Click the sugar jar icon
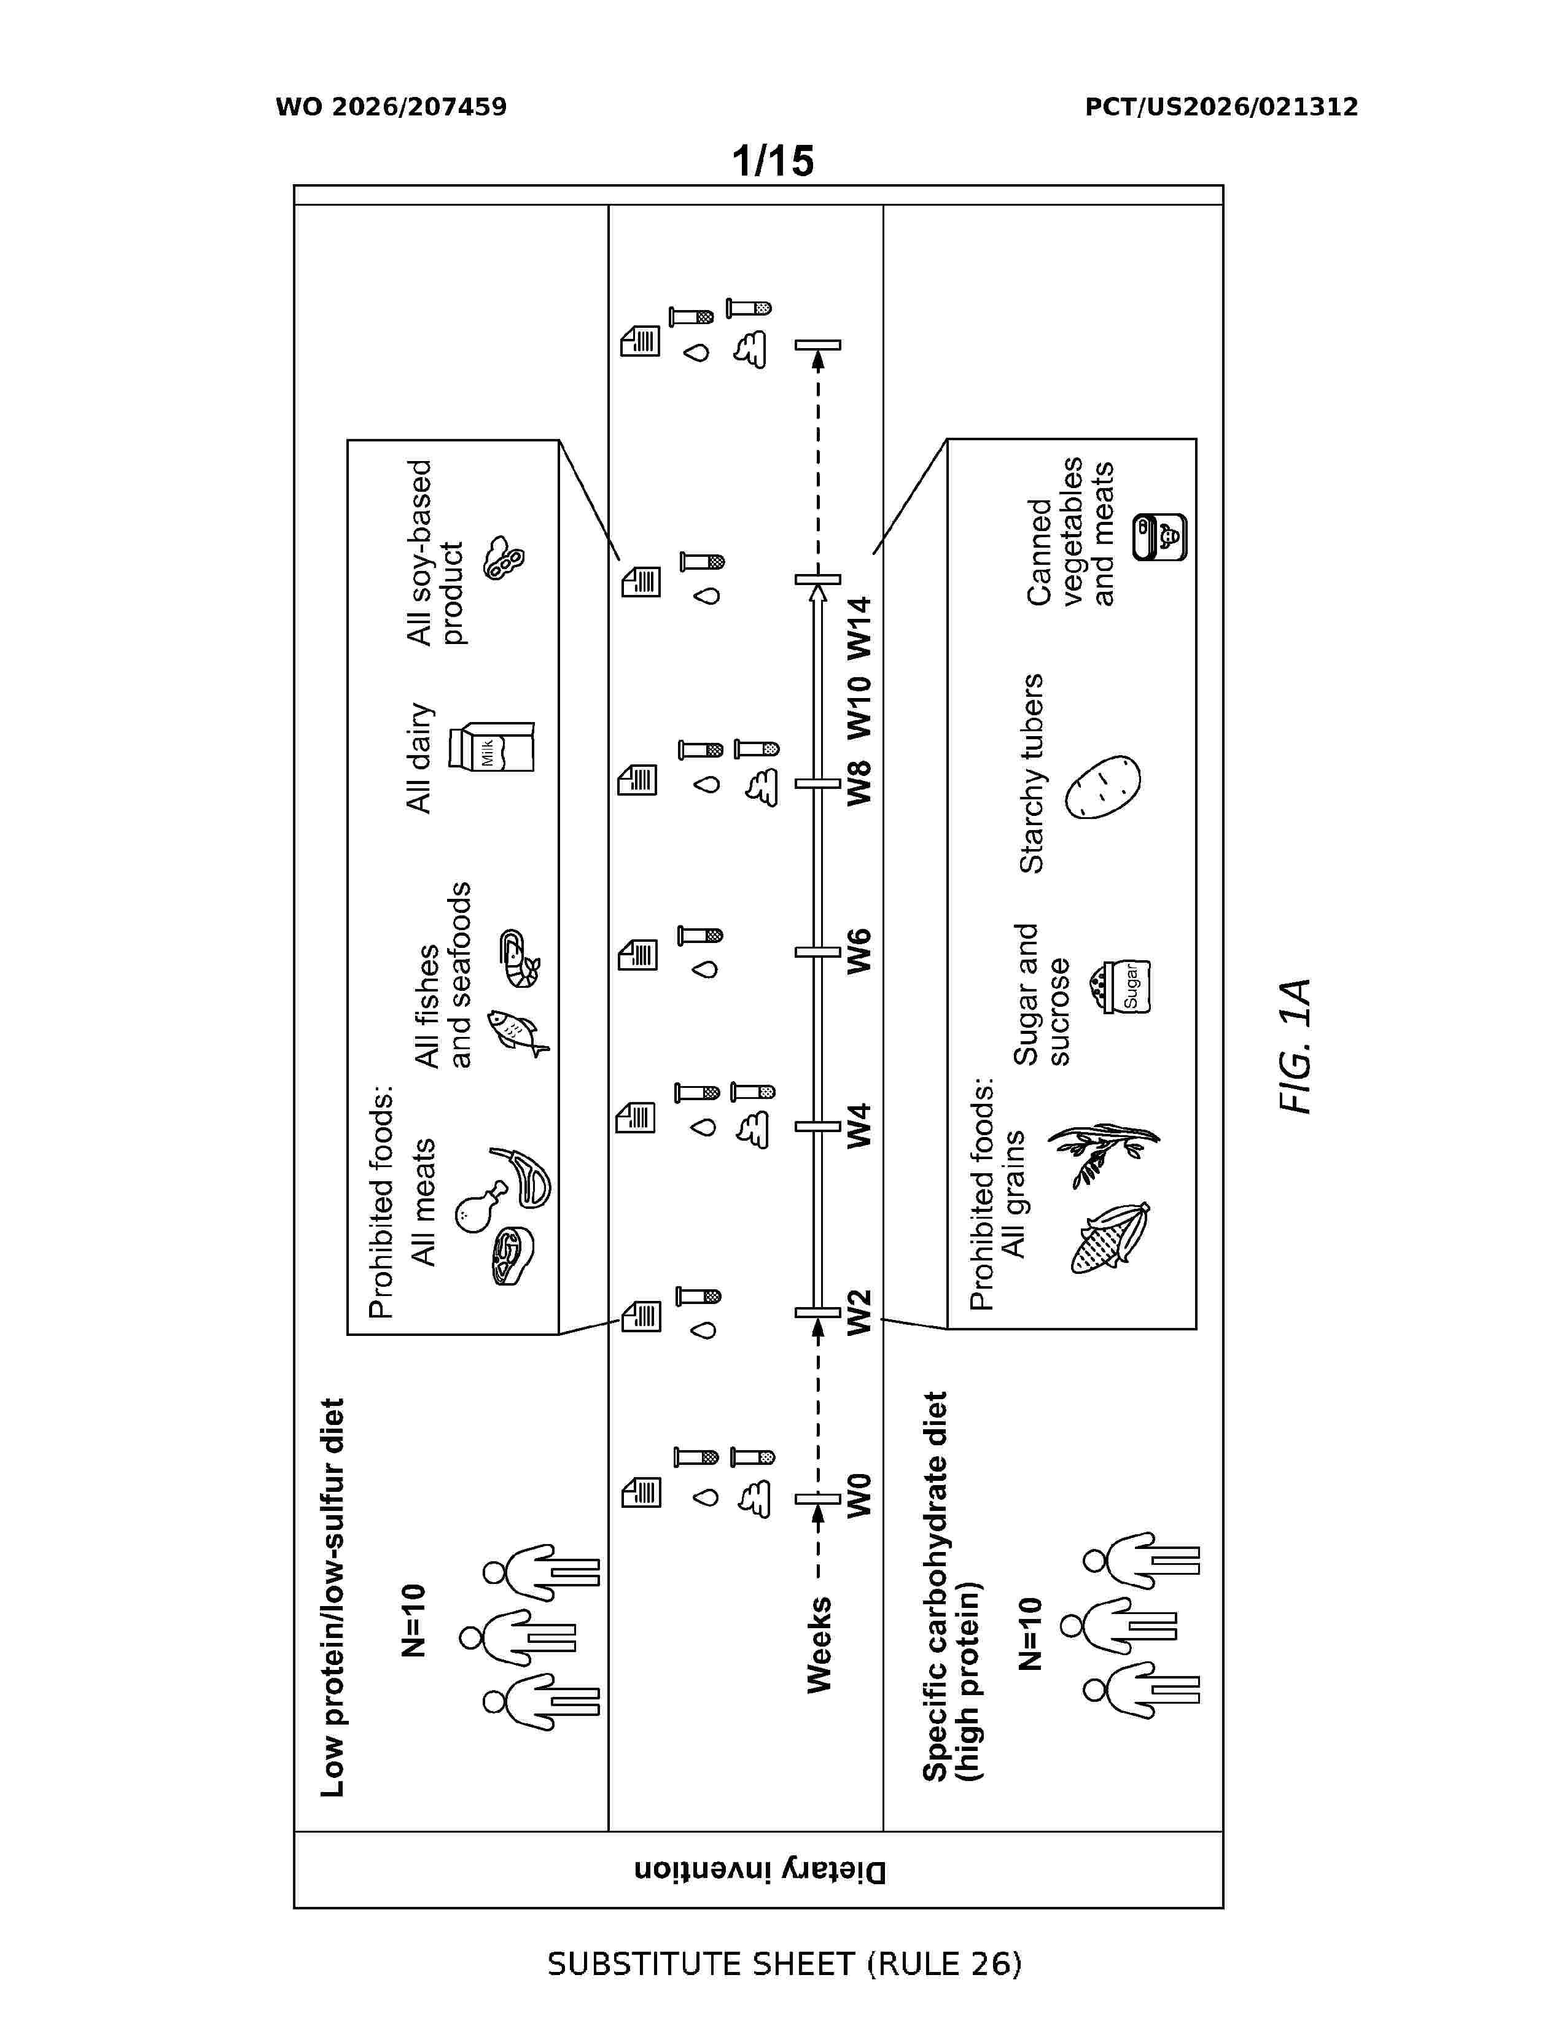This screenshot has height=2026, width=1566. click(1125, 986)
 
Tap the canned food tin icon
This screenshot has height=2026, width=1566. click(1159, 537)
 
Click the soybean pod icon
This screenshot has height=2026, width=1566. click(504, 557)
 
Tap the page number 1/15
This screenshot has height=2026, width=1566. click(773, 160)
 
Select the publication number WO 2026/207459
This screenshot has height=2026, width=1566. click(392, 107)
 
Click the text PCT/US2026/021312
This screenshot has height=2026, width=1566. click(1222, 107)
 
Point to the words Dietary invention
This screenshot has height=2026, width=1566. click(760, 1869)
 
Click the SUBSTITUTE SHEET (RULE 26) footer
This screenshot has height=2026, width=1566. click(784, 1965)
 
